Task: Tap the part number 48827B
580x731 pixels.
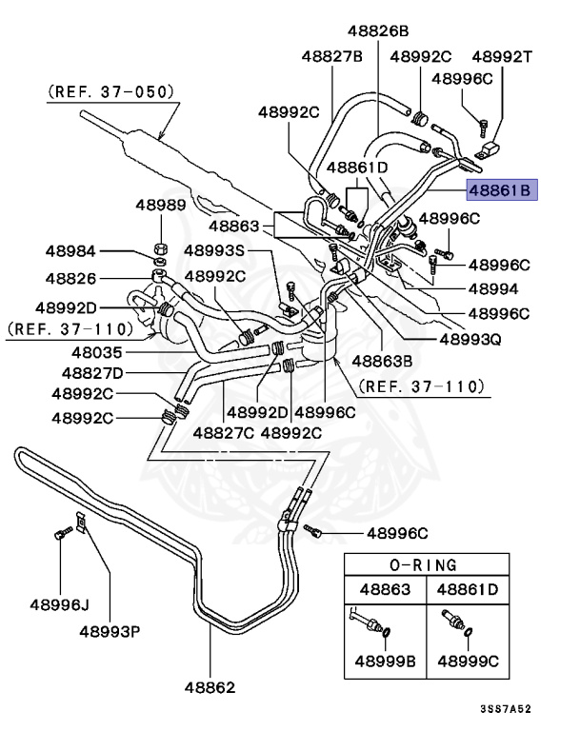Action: point(331,56)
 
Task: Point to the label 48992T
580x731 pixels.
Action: point(503,56)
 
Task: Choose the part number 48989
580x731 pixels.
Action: point(160,204)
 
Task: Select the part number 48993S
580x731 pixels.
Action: point(215,251)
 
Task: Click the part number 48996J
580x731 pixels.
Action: point(59,603)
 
